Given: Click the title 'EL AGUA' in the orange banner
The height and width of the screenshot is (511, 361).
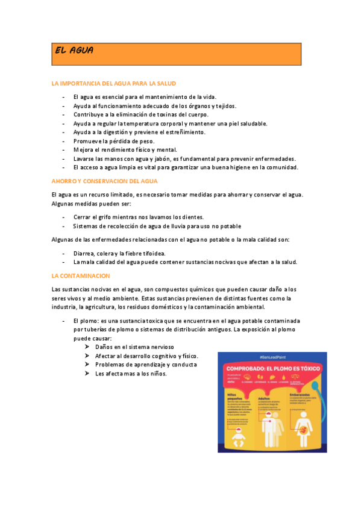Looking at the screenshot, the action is click(x=74, y=51).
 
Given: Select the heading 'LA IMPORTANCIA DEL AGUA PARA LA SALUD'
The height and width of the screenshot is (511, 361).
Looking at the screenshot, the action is click(x=114, y=83).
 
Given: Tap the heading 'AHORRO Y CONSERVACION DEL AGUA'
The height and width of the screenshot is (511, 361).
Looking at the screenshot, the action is click(x=105, y=181).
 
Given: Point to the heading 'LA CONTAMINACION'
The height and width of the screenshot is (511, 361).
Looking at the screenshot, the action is click(x=81, y=275).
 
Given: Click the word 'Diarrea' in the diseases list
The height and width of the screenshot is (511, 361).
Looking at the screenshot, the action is click(x=84, y=253).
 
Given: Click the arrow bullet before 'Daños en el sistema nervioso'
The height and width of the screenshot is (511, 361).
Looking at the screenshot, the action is click(x=88, y=347).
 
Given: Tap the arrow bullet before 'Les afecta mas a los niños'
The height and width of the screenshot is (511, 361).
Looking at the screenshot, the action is click(x=88, y=374).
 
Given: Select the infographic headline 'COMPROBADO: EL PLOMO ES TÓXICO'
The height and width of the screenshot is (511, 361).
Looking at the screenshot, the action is click(x=272, y=368).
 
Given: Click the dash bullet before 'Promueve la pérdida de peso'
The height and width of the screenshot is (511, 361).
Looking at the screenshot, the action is click(x=63, y=141).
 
